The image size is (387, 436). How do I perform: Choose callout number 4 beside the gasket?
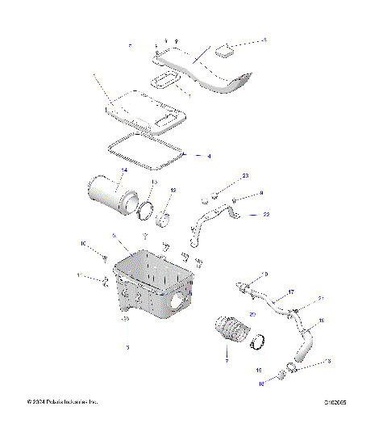(210, 155)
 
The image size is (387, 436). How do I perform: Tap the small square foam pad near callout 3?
(225, 50)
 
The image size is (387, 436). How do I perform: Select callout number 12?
(173, 190)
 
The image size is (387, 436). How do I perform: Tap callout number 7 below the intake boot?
(227, 361)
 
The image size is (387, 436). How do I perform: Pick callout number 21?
(320, 298)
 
